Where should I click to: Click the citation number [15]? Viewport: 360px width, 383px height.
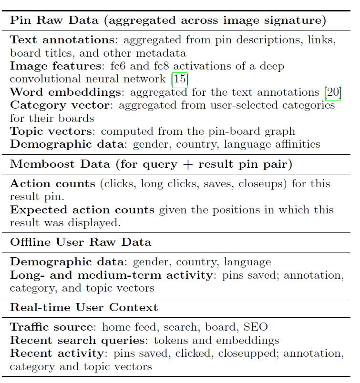click(180, 79)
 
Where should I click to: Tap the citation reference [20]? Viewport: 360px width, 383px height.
click(332, 92)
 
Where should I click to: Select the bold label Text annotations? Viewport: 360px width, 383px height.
click(61, 40)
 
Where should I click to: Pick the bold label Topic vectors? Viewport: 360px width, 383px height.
click(51, 131)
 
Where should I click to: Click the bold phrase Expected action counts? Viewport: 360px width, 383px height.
click(82, 210)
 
